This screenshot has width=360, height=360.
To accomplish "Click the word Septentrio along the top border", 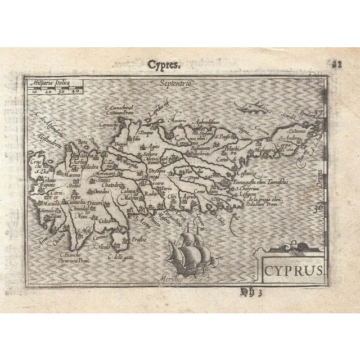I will pos(175,83).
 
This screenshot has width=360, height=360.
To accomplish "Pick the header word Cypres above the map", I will pos(164,64).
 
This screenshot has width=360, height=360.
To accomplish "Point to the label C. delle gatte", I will pos(119,258).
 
